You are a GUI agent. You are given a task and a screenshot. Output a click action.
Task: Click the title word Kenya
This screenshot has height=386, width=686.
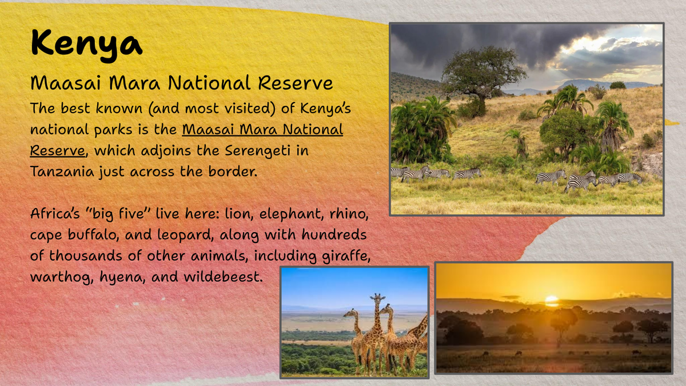click(x=87, y=45)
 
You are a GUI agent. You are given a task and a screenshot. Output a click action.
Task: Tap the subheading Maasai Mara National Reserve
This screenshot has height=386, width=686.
click(x=182, y=83)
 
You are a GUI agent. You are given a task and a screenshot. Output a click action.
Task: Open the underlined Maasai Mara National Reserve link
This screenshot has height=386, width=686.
click(x=186, y=140)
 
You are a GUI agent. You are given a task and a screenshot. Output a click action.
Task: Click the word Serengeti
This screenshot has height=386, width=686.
click(x=257, y=151)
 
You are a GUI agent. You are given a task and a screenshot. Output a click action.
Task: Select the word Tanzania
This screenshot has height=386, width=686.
click(x=62, y=171)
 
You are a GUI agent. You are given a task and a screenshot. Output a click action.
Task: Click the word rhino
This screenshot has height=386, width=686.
click(x=349, y=213)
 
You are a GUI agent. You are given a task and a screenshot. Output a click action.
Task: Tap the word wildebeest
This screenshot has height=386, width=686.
click(x=223, y=277)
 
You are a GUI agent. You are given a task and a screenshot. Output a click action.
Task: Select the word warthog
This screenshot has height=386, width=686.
click(x=62, y=277)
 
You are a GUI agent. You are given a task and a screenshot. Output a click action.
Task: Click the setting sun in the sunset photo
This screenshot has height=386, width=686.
click(x=552, y=301)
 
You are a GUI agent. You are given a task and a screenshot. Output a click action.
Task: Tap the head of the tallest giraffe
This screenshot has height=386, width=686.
click(x=378, y=298)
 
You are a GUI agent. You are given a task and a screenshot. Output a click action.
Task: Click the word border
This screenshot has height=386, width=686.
click(x=233, y=171)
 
